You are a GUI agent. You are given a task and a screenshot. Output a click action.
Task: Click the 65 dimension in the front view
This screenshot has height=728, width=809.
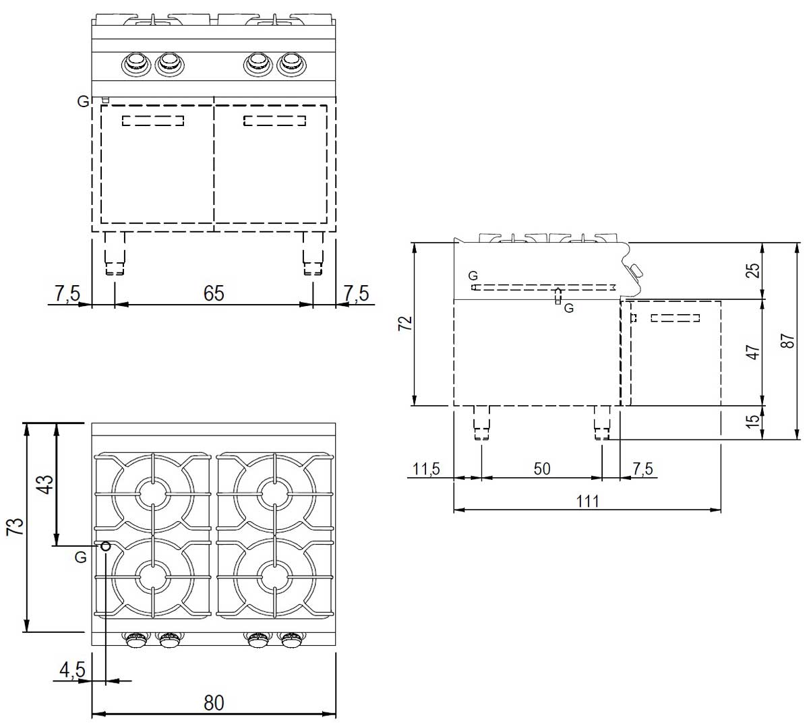pyautogui.click(x=213, y=293)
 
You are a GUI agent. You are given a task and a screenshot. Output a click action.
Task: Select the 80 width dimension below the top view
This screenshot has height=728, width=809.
pyautogui.click(x=213, y=702)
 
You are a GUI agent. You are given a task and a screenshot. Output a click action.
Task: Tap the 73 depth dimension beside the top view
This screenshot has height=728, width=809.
pyautogui.click(x=15, y=526)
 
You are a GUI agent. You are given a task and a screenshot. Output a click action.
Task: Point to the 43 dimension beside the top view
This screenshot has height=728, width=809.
pyautogui.click(x=46, y=485)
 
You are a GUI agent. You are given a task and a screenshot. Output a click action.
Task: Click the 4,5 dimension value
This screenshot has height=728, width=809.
pyautogui.click(x=72, y=670)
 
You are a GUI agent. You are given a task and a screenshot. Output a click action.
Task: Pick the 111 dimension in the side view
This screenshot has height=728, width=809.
pyautogui.click(x=587, y=502)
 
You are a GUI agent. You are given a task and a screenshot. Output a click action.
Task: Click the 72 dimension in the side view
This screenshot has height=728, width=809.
pyautogui.click(x=405, y=323)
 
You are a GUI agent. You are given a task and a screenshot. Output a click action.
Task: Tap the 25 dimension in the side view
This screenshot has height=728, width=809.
pyautogui.click(x=753, y=270)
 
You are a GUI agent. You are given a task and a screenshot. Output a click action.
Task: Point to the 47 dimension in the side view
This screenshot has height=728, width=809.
pyautogui.click(x=753, y=352)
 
